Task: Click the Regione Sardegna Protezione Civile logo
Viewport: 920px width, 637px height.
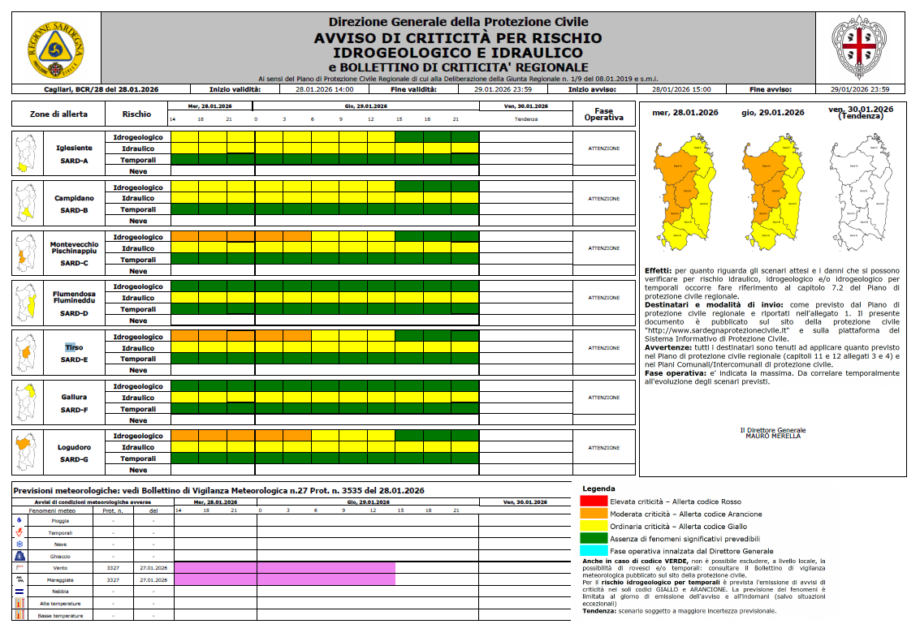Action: tap(55, 47)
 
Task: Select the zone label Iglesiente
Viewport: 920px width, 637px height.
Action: tap(74, 148)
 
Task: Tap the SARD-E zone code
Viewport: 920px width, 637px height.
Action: tap(74, 359)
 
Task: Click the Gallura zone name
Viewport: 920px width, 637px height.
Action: tap(74, 398)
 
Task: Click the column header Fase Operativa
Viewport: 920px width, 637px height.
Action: tap(603, 114)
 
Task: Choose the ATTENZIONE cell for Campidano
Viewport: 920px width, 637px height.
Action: tap(603, 199)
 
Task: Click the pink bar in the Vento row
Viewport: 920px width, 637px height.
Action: tap(285, 568)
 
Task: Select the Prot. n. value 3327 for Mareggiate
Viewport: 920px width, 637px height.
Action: tap(112, 580)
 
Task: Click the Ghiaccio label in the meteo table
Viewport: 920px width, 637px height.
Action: tap(61, 557)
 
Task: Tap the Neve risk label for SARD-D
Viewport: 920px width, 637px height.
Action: tap(138, 321)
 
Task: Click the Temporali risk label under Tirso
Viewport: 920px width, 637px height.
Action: tap(138, 359)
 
